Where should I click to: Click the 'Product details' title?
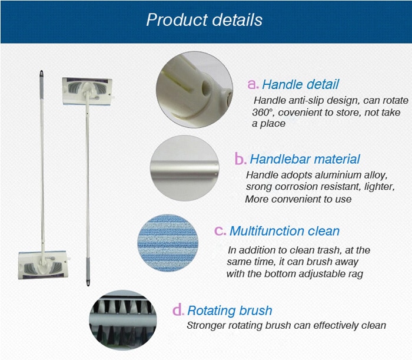point(204,20)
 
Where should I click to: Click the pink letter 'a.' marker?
point(252,84)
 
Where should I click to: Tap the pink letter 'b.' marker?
point(240,158)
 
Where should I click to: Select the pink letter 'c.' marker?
point(220,230)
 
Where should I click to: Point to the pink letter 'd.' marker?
point(178,310)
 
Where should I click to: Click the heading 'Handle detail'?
point(300,84)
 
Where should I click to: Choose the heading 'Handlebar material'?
point(305,159)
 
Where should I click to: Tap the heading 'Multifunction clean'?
point(285,231)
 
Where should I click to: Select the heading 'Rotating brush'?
point(230,311)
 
